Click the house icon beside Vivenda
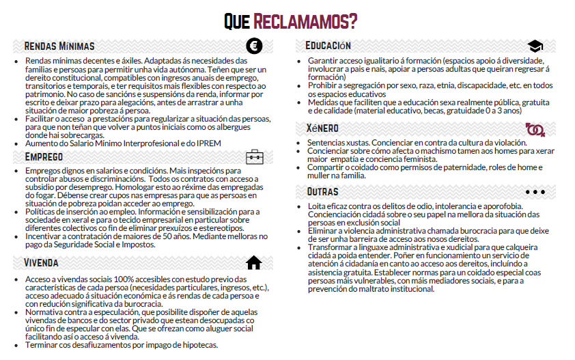254,262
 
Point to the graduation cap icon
535,46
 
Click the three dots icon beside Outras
535,191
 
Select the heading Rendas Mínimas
59,47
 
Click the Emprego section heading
44,156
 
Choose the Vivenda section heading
41,263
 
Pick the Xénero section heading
323,128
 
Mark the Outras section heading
322,191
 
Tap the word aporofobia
500,206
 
